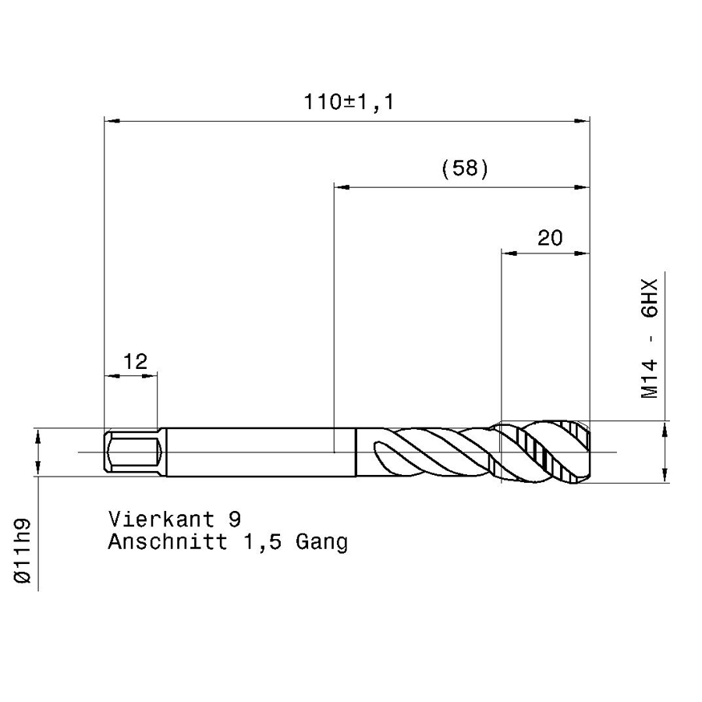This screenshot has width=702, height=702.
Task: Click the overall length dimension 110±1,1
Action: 349,101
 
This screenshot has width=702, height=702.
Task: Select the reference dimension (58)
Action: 465,168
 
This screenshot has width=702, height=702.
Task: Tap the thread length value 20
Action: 550,238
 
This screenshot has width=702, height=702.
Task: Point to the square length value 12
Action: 135,361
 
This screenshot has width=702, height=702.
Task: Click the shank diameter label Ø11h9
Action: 23,551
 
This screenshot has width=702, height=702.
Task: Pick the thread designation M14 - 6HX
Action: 650,338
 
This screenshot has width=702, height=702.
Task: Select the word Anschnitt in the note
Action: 168,541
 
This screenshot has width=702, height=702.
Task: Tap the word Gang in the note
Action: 321,543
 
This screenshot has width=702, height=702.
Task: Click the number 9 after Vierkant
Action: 235,519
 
